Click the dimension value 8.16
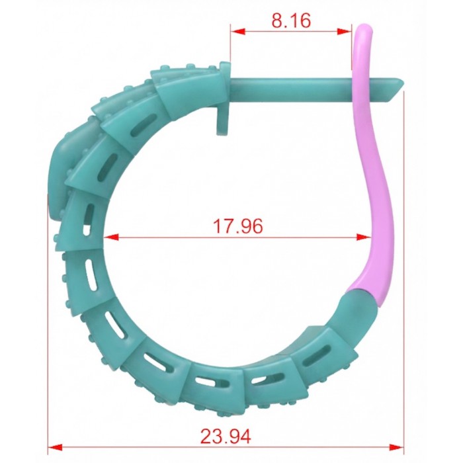[291, 21]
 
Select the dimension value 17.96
[237, 226]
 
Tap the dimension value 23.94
[226, 436]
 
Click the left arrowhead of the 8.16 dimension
[238, 31]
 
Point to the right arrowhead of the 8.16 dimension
[345, 31]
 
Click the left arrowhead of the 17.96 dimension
[111, 237]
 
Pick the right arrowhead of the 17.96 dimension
[364, 237]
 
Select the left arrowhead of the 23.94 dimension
[55, 447]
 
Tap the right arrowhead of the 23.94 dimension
[396, 447]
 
